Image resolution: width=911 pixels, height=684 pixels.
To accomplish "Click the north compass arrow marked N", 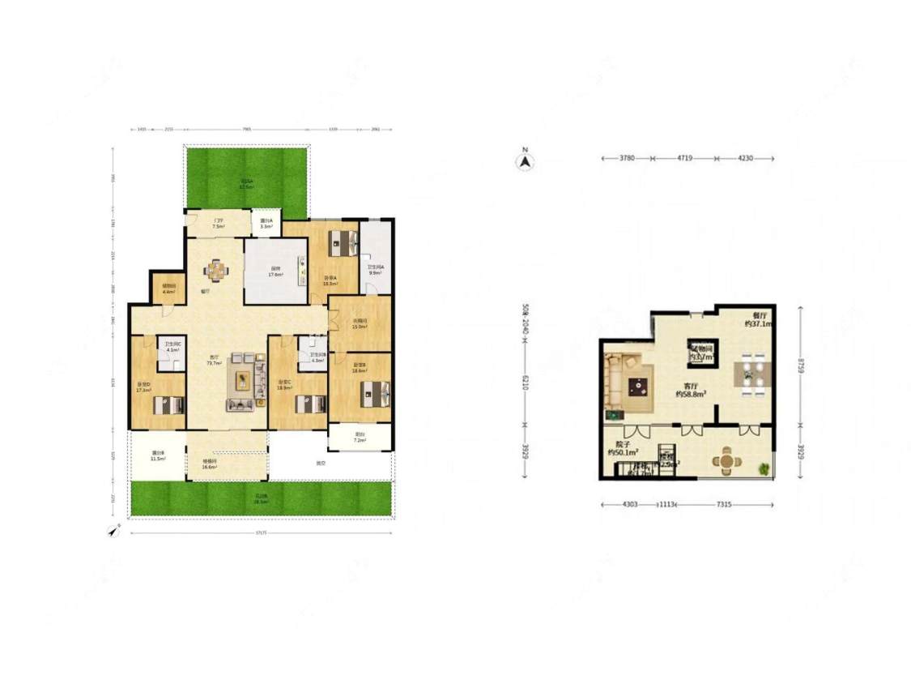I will [x=526, y=161].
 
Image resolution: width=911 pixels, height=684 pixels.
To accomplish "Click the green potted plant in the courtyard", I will [x=764, y=468].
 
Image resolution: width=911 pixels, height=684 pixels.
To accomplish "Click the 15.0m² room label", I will [x=360, y=323].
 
